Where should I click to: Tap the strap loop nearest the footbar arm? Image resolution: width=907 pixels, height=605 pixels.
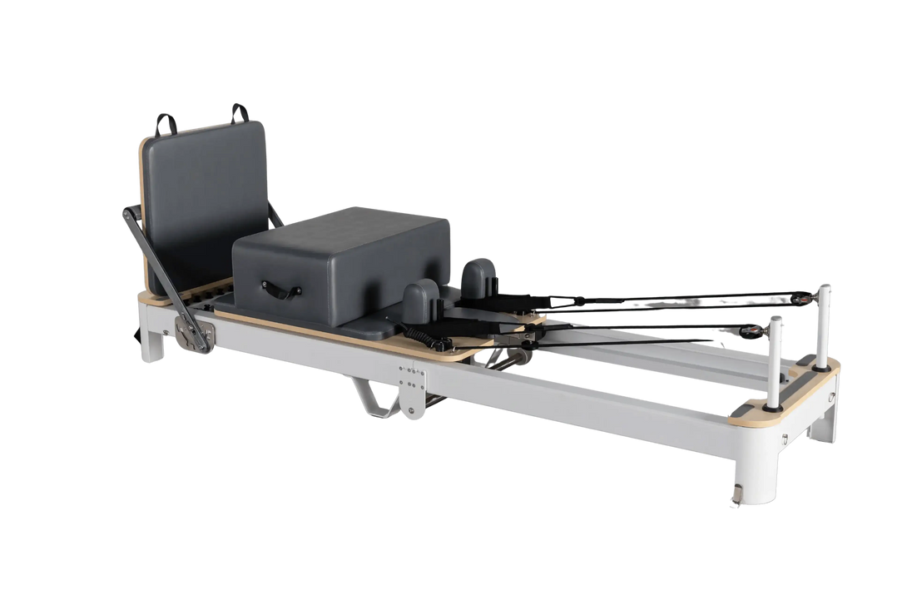coord(164,121)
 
